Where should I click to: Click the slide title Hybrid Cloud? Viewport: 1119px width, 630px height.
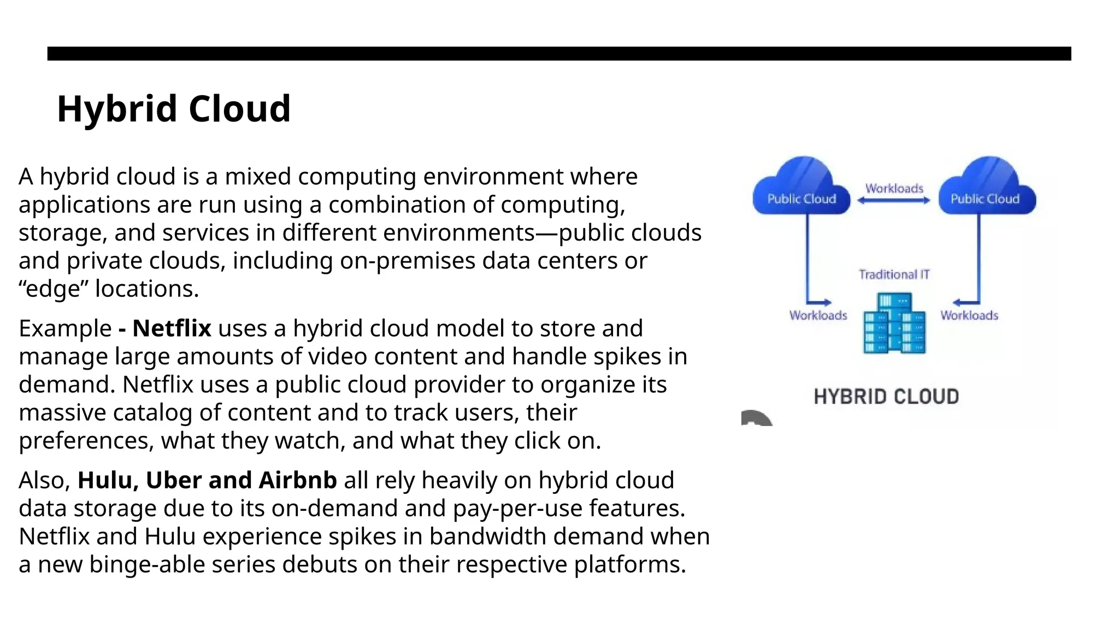174,108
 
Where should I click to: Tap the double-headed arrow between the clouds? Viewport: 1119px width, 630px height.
894,201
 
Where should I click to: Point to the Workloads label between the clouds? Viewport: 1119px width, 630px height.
894,189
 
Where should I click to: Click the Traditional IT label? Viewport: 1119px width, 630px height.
894,275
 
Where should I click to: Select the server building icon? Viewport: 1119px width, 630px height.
894,324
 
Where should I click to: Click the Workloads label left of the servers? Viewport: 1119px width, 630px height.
818,316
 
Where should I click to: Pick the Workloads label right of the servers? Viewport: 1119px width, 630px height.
969,316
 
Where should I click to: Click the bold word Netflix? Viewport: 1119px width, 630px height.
172,329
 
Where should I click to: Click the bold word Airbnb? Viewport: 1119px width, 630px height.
298,481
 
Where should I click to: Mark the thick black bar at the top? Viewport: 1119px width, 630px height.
559,54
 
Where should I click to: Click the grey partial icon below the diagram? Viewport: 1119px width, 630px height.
757,418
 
